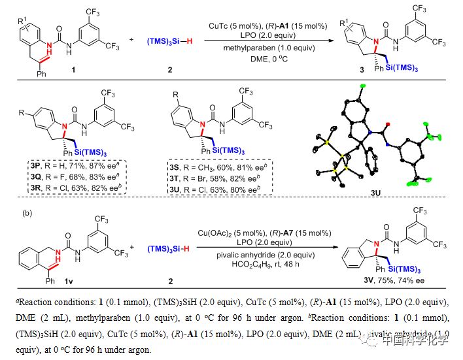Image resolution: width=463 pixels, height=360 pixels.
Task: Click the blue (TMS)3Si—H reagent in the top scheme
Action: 158,42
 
